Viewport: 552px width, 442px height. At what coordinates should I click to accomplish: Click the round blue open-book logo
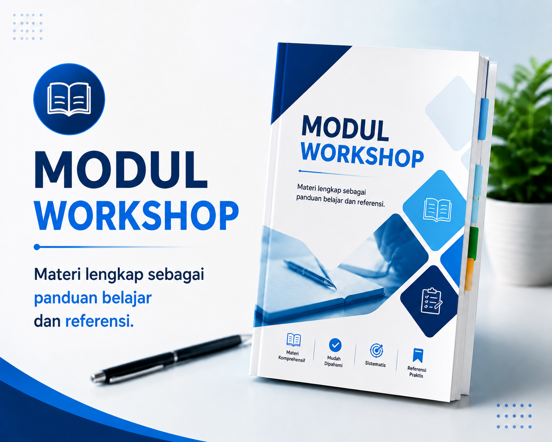point(69,99)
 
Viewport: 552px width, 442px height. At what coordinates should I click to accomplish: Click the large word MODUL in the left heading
point(120,171)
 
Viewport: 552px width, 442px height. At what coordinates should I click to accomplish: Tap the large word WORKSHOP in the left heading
point(137,215)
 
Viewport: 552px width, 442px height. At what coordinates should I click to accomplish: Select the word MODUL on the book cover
point(345,128)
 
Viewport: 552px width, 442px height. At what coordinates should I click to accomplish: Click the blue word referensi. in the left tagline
point(100,321)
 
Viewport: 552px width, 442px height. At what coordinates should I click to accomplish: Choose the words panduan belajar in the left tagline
point(93,299)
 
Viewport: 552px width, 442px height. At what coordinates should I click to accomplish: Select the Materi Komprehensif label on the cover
point(292,356)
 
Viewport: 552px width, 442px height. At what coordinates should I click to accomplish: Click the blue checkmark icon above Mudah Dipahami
point(335,345)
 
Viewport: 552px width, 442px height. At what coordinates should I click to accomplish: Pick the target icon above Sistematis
point(376,350)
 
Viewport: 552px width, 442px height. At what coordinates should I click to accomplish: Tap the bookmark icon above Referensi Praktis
point(418,355)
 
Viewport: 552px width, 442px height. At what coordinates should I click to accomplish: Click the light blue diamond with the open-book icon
point(437,210)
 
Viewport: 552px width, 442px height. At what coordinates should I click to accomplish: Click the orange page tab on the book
point(469,274)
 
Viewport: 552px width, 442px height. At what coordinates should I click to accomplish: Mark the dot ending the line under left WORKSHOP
point(37,247)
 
